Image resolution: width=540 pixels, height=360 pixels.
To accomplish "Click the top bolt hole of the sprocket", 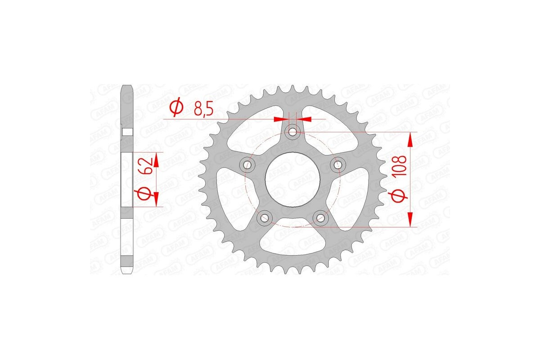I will coord(293,132).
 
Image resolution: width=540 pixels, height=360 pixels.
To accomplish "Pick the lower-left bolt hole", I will coord(265,218).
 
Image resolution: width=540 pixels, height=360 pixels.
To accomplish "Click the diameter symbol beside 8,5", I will coord(176,108).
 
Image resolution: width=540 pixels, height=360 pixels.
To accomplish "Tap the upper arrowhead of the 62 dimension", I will coord(157,158).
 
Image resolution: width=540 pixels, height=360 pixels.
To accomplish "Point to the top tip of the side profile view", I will coord(128,86).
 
